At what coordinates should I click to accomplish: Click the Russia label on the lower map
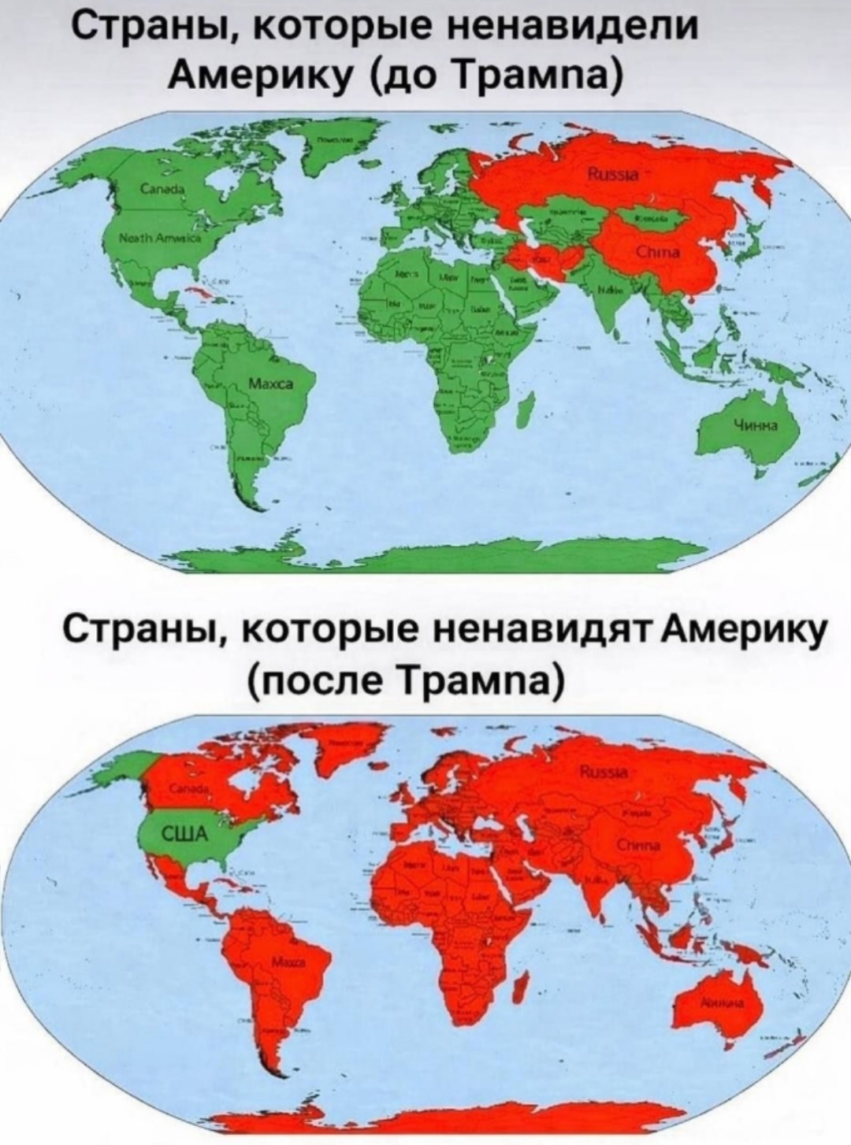click(604, 773)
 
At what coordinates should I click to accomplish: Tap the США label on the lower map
click(183, 835)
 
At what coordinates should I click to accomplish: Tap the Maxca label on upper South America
click(269, 384)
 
